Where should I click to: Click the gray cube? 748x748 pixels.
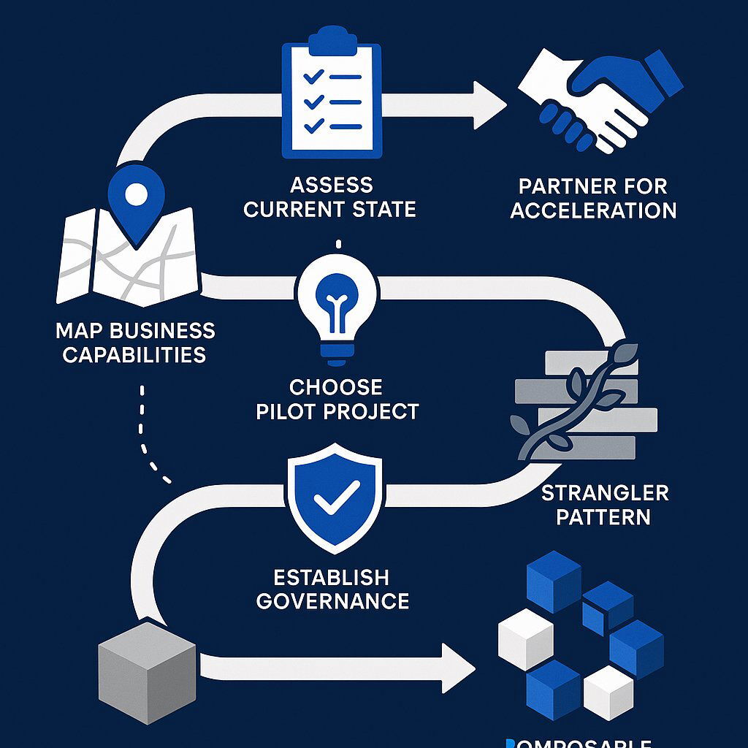pyautogui.click(x=147, y=672)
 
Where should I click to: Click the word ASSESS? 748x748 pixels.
pyautogui.click(x=331, y=184)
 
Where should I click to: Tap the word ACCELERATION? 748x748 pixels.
pyautogui.click(x=593, y=211)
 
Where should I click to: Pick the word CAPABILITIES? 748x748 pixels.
pyautogui.click(x=134, y=355)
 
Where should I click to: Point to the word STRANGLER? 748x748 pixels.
pyautogui.click(x=605, y=492)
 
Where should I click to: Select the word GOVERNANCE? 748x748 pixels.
pyautogui.click(x=332, y=601)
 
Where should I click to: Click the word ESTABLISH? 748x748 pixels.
pyautogui.click(x=331, y=577)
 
